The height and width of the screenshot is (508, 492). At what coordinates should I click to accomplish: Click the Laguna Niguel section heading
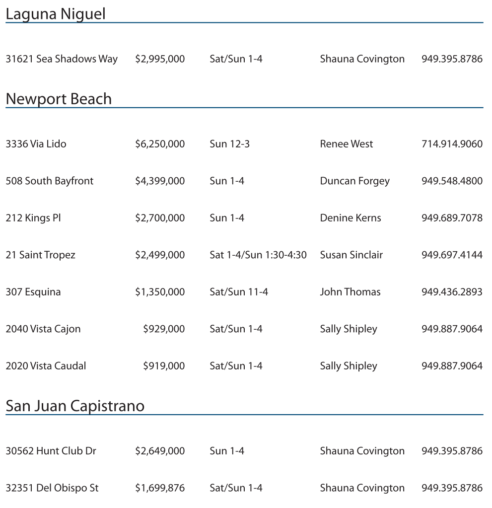pyautogui.click(x=55, y=14)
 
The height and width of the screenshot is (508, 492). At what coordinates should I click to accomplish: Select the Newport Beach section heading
pyautogui.click(x=59, y=99)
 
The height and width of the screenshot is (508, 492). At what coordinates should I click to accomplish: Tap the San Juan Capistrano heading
pyautogui.click(x=75, y=406)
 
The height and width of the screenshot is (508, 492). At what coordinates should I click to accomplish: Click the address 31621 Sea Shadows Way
pyautogui.click(x=62, y=59)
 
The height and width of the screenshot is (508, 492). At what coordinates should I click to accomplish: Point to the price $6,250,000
pyautogui.click(x=159, y=144)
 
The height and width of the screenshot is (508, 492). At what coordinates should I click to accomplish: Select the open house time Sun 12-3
pyautogui.click(x=229, y=144)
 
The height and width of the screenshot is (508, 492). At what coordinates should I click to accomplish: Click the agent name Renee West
pyautogui.click(x=346, y=144)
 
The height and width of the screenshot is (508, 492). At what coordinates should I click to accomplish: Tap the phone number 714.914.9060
pyautogui.click(x=451, y=144)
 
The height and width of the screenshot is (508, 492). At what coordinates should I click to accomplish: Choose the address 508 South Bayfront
pyautogui.click(x=49, y=181)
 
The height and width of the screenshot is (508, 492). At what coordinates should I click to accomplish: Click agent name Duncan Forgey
pyautogui.click(x=354, y=181)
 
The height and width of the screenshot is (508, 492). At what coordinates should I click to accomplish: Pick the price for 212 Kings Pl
pyautogui.click(x=159, y=218)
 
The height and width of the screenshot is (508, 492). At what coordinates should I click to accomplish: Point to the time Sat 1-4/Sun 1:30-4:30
pyautogui.click(x=258, y=255)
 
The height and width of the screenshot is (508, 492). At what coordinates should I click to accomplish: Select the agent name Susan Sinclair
pyautogui.click(x=351, y=255)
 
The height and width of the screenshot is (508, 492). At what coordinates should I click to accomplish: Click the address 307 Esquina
pyautogui.click(x=33, y=292)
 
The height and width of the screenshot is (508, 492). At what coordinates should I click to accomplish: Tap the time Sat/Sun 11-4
pyautogui.click(x=238, y=292)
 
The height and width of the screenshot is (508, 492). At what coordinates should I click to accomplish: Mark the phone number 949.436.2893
pyautogui.click(x=451, y=292)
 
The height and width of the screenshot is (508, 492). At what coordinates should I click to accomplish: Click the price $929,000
pyautogui.click(x=163, y=329)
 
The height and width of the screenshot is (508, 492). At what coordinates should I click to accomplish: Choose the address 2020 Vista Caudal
pyautogui.click(x=46, y=366)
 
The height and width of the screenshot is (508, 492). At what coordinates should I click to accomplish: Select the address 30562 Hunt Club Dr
pyautogui.click(x=51, y=451)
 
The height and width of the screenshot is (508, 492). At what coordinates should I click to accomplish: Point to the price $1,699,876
pyautogui.click(x=159, y=488)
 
